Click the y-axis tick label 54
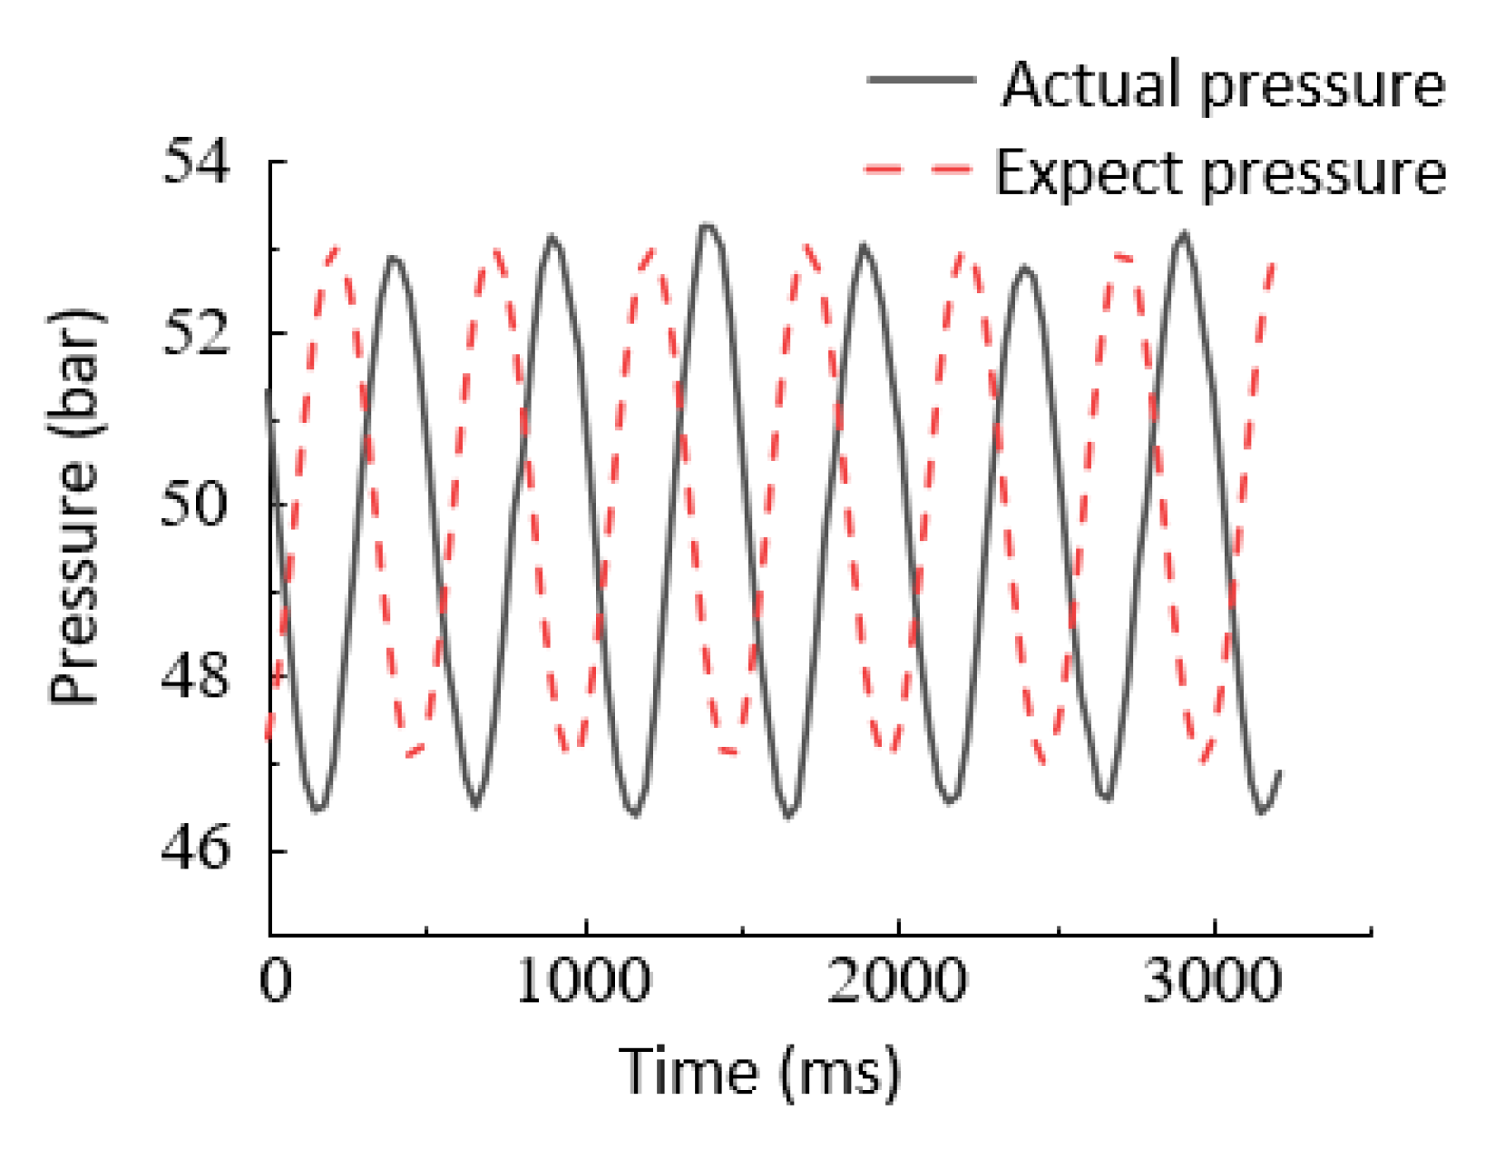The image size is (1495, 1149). (x=196, y=162)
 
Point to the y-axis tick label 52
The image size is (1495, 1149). (x=196, y=334)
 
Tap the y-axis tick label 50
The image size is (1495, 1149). (x=194, y=506)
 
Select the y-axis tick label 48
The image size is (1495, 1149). (x=196, y=677)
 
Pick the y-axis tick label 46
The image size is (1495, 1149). (x=196, y=849)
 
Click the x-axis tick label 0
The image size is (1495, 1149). (x=275, y=980)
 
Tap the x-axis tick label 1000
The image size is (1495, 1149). (x=584, y=980)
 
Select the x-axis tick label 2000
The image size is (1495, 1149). (x=896, y=980)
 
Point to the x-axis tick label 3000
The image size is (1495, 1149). (x=1212, y=980)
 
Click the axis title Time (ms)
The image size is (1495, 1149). (x=760, y=1072)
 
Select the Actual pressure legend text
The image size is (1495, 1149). (x=1223, y=84)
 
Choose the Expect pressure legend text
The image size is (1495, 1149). (x=1220, y=172)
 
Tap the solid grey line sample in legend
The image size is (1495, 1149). (x=920, y=81)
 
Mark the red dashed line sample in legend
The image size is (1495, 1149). (x=918, y=169)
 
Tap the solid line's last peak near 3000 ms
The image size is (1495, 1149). (x=1184, y=234)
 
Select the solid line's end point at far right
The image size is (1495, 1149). (x=1279, y=771)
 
